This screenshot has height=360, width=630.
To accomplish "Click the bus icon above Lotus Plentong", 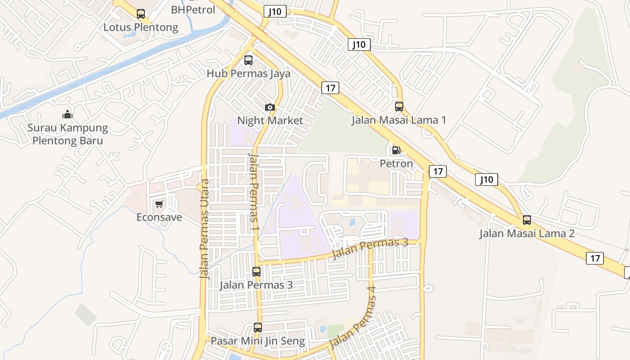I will click(x=141, y=14).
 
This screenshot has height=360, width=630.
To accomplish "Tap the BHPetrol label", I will click(x=193, y=9).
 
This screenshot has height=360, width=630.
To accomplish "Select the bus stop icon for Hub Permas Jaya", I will click(x=248, y=60).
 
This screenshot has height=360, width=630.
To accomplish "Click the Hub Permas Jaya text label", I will click(x=248, y=73).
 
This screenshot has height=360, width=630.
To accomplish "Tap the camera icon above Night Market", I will click(x=270, y=107).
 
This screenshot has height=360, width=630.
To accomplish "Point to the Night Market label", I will click(x=270, y=121).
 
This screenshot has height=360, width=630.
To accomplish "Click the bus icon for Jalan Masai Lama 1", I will click(x=399, y=107).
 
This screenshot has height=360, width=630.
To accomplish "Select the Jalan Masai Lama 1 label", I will click(x=399, y=120).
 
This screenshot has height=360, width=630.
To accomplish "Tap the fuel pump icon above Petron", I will click(x=396, y=150).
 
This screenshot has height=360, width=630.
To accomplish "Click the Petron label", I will click(x=396, y=163).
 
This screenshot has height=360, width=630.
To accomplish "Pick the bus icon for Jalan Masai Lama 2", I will click(x=526, y=220).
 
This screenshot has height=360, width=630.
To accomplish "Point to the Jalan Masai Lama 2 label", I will click(x=526, y=234).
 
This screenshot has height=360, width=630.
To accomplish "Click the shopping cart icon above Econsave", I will click(x=159, y=205).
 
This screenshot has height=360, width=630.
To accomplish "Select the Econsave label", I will click(x=159, y=217).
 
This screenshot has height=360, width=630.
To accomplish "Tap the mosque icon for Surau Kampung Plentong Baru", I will click(x=67, y=114).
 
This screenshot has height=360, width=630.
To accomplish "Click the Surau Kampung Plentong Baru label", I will click(x=67, y=134).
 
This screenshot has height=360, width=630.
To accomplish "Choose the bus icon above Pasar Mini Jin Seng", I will click(x=258, y=328).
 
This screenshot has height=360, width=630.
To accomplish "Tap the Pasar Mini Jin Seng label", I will click(x=258, y=341).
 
